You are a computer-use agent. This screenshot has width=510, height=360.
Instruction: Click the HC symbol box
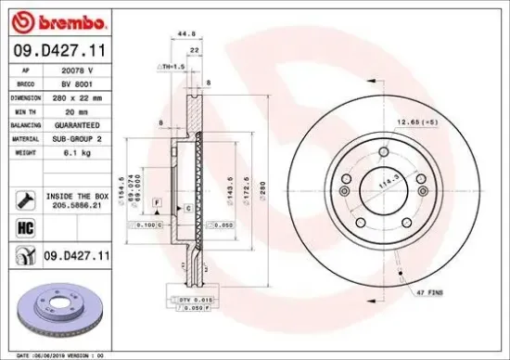click(x=25, y=225)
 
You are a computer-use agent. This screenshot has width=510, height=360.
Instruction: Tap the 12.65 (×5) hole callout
click(x=443, y=122)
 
